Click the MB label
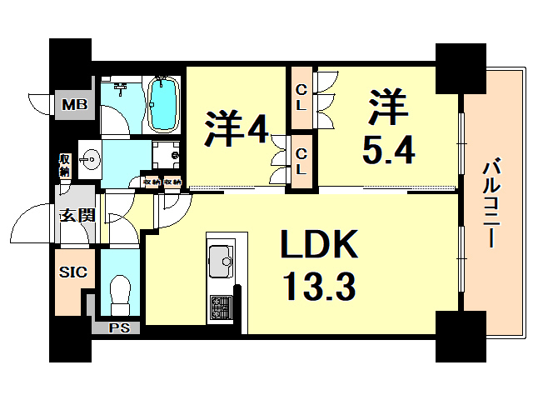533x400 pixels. tap(74, 105)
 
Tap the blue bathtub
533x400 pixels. tap(163, 104)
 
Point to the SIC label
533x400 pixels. tap(70, 272)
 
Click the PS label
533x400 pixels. tap(119, 327)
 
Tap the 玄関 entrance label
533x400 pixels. tap(76, 215)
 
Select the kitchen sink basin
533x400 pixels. tap(221, 261)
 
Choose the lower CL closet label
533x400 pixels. tap(302, 161)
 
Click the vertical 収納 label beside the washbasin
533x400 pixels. tap(65, 165)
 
